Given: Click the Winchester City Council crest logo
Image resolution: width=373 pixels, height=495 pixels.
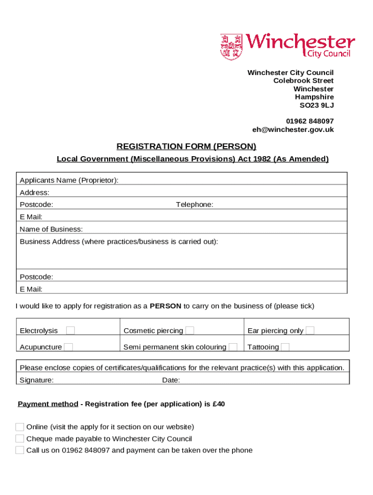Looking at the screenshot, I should [x=231, y=47].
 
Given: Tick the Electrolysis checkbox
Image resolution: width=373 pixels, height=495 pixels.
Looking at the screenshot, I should [x=71, y=331].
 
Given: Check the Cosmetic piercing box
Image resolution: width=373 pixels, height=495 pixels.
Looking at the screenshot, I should [x=190, y=331].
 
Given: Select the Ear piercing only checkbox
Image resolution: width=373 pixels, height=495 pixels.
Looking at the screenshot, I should [x=310, y=331].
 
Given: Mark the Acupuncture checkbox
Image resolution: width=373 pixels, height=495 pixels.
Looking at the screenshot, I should [x=69, y=347].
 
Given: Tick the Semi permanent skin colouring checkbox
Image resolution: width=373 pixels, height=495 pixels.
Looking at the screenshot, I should [x=233, y=347].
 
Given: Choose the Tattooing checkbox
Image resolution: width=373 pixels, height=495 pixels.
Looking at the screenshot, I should [x=285, y=347].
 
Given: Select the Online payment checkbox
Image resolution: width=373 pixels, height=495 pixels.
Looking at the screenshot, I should [x=20, y=427].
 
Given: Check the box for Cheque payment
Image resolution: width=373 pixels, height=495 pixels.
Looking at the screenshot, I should [x=20, y=439].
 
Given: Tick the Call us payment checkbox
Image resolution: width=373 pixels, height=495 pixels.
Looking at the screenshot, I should [x=20, y=451].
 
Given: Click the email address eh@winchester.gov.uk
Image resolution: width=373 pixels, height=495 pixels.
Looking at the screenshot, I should [x=293, y=130].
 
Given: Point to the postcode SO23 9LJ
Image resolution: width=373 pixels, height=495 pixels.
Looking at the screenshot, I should [x=317, y=105].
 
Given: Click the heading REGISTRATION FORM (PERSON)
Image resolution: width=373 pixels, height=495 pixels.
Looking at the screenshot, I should [x=186, y=146].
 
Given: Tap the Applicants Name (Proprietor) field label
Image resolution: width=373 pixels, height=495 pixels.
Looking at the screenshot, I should [x=69, y=180].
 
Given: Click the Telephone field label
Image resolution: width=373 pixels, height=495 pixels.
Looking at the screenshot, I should [x=194, y=204].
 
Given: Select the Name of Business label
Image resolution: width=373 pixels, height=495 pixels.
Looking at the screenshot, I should [x=51, y=229].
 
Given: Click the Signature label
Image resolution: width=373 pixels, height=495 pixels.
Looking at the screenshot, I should [x=36, y=380].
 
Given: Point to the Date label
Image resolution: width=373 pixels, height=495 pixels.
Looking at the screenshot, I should [x=171, y=380].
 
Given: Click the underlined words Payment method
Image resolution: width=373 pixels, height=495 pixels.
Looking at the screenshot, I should [x=48, y=404].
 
